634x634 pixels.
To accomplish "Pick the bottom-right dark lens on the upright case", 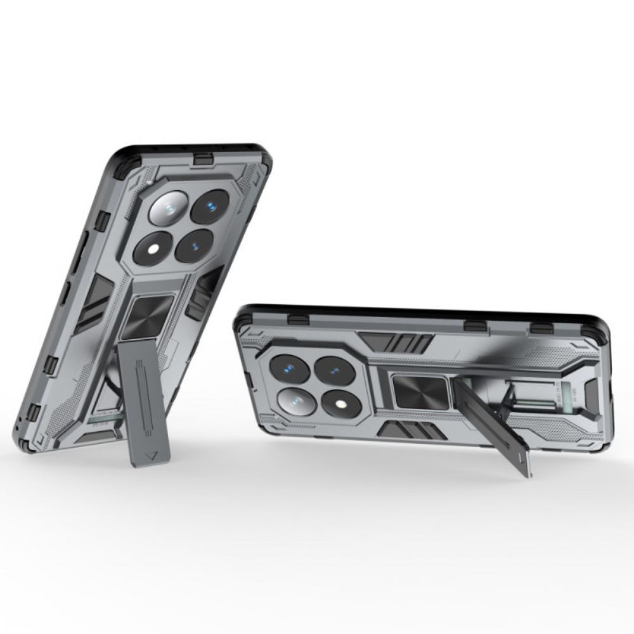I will pos(194,245).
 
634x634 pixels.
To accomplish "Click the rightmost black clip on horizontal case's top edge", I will pos(541,327).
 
